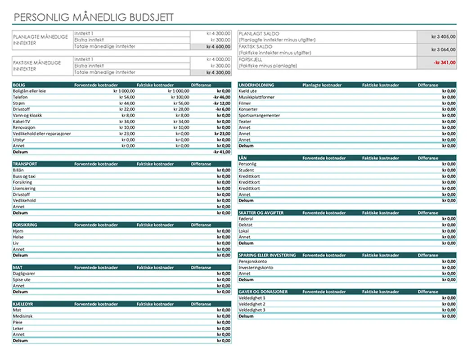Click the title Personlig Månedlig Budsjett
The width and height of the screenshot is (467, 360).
(x=94, y=17)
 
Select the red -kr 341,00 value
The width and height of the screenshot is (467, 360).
(x=445, y=63)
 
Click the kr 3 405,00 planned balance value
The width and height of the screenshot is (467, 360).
(x=443, y=37)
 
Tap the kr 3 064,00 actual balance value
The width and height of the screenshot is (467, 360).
(x=443, y=49)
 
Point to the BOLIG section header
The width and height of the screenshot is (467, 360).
(x=19, y=85)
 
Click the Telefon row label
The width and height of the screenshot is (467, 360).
(x=20, y=97)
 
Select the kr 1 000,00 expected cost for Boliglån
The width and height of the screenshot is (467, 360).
(x=124, y=91)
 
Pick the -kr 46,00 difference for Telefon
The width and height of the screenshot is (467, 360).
(x=222, y=97)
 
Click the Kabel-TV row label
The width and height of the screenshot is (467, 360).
(x=22, y=121)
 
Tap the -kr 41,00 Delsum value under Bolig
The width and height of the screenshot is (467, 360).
(x=222, y=152)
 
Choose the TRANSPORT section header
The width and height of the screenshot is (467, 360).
(x=25, y=164)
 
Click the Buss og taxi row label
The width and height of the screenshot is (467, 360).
(x=24, y=176)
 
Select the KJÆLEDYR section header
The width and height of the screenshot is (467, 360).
(x=23, y=304)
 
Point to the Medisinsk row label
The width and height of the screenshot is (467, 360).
(x=22, y=316)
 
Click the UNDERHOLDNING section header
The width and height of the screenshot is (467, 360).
(x=256, y=85)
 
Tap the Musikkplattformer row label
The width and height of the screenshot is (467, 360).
(x=256, y=97)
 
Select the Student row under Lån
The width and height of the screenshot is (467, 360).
(x=246, y=170)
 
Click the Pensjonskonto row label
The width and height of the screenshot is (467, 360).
(x=253, y=261)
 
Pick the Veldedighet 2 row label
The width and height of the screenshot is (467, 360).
(x=252, y=304)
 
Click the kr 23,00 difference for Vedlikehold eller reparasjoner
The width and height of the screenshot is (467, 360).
(x=223, y=133)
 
